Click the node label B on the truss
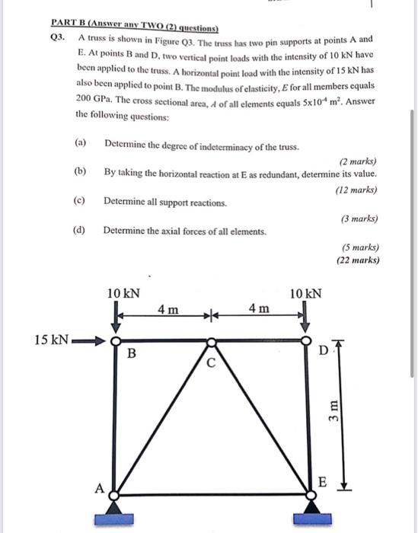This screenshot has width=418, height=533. tap(132, 353)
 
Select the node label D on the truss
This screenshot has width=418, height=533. tap(322, 351)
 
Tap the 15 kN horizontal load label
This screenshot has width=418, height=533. tap(52, 340)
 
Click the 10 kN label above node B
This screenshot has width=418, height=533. tap(123, 293)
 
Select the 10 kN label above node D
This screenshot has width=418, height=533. tap(306, 293)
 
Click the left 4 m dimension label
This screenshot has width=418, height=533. tap(168, 309)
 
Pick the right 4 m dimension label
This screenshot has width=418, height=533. tap(259, 309)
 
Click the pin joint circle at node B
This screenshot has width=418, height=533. tap(116, 340)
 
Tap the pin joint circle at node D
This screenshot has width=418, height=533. tap(306, 340)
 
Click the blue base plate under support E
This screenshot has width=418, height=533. tap(311, 519)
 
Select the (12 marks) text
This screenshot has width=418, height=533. tap(356, 190)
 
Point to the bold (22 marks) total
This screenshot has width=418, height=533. tap(358, 261)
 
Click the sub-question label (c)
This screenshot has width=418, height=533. tap(80, 203)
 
